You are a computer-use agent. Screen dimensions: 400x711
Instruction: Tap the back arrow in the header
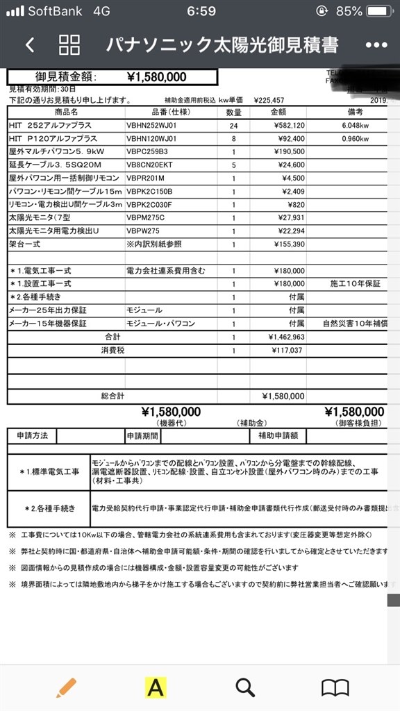[29, 46]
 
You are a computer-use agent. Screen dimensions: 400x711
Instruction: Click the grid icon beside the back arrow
[69, 45]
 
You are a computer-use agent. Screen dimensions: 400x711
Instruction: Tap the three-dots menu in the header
[376, 46]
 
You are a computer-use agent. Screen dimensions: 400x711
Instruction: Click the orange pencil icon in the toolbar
[67, 687]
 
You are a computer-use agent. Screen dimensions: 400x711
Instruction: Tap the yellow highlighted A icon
[156, 687]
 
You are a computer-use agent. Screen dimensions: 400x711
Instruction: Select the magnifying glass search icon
[244, 687]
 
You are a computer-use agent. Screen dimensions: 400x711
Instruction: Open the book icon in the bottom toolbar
[334, 687]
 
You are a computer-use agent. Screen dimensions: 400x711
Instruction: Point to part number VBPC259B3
[147, 151]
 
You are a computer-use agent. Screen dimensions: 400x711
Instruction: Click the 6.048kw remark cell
[356, 125]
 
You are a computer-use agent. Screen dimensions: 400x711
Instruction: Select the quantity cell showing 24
[234, 125]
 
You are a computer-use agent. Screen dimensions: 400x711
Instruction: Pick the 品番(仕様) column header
[169, 112]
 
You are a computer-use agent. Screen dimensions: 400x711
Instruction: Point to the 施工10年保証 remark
[356, 284]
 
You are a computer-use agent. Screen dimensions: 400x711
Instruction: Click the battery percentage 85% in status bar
[349, 11]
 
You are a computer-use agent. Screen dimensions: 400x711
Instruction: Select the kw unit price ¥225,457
[269, 100]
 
